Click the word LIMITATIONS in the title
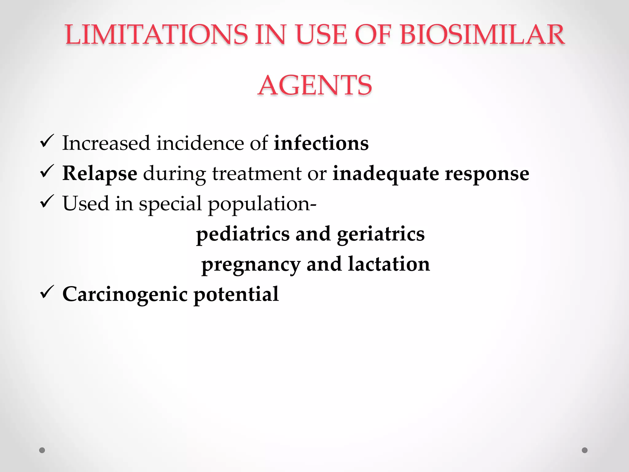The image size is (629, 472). (x=156, y=34)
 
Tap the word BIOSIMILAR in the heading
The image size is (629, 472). (x=482, y=34)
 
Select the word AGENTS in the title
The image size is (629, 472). (x=315, y=85)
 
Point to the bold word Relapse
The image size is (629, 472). (x=100, y=174)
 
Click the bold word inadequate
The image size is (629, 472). (x=386, y=174)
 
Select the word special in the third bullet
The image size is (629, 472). (x=170, y=204)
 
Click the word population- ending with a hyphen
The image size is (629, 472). (x=262, y=204)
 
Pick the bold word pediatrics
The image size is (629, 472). (x=243, y=234)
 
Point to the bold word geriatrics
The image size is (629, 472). (x=381, y=234)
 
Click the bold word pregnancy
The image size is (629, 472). (x=251, y=264)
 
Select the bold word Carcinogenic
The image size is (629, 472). (x=125, y=294)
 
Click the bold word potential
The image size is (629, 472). (x=236, y=294)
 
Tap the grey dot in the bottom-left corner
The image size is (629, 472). (x=42, y=450)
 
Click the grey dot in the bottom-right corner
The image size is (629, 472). (x=585, y=450)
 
